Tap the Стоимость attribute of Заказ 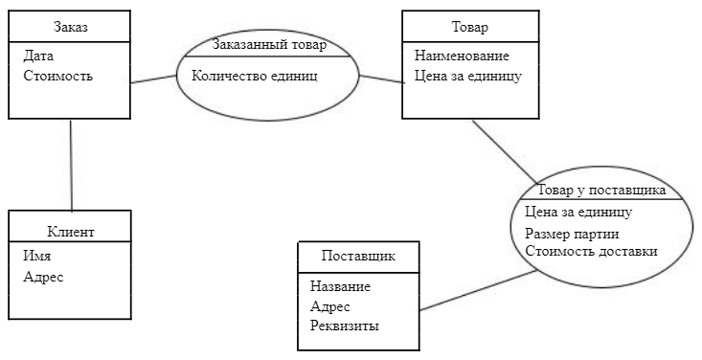tap(57, 76)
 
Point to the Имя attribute tap(37, 257)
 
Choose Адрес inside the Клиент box tap(43, 277)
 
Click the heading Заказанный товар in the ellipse tap(268, 45)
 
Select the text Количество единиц tap(254, 75)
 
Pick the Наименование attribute tap(462, 56)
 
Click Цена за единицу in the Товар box tap(467, 76)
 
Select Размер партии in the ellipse tap(572, 235)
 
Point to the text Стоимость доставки tap(591, 252)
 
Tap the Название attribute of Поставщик tap(340, 286)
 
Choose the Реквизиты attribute tap(345, 326)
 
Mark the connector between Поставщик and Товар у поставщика tap(477, 290)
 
